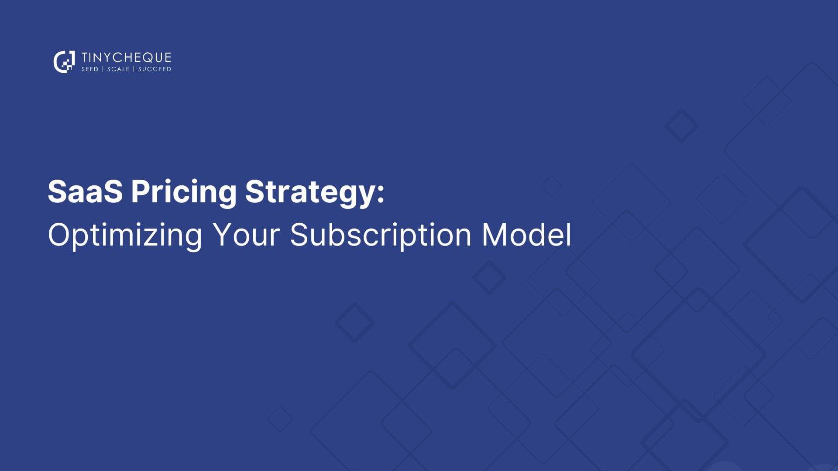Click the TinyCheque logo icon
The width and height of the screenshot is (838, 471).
(x=64, y=61)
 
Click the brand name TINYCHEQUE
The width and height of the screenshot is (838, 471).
(x=126, y=58)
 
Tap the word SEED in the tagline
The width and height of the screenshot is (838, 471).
(x=90, y=69)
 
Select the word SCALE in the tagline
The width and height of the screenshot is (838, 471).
(x=118, y=69)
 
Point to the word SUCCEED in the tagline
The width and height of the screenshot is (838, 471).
(x=155, y=69)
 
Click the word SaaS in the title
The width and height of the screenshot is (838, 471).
(x=85, y=191)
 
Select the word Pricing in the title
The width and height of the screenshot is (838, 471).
(x=184, y=191)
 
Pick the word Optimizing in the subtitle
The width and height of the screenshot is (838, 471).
(x=125, y=235)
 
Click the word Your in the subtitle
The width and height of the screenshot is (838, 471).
(x=246, y=235)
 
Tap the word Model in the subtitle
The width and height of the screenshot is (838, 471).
(x=526, y=235)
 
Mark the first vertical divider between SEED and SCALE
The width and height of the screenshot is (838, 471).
(x=103, y=69)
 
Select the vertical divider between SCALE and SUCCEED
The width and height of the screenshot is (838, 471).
(x=134, y=69)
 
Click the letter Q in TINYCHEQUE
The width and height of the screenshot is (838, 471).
(x=152, y=58)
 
